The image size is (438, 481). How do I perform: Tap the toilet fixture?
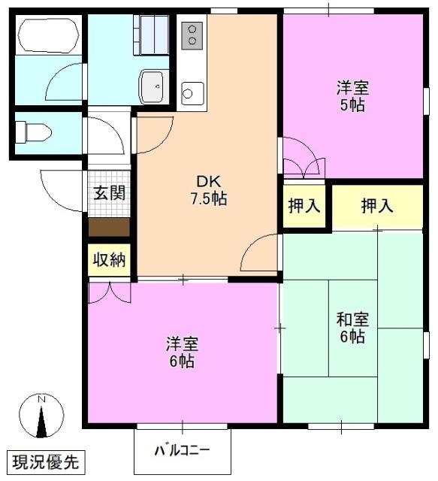(x=33, y=133)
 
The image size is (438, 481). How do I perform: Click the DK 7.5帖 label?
(x=210, y=190)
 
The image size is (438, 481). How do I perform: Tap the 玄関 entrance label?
(x=109, y=192)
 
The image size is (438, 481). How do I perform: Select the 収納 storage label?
(x=109, y=260)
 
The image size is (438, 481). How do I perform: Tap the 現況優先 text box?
(x=47, y=460)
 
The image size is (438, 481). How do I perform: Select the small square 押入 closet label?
(x=304, y=205)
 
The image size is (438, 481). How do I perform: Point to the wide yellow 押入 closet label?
(x=376, y=205)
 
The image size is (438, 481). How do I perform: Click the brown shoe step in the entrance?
(x=109, y=225)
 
